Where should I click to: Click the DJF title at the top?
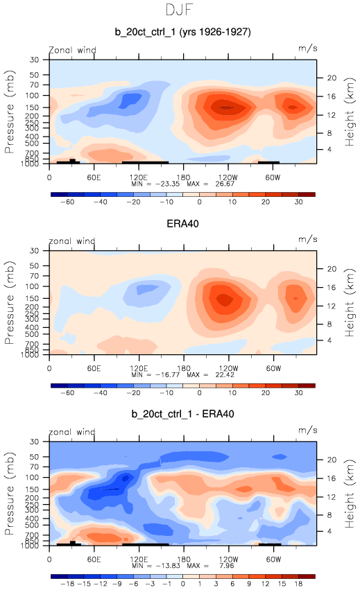pos(179,10)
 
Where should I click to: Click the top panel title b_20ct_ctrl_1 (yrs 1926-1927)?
pos(182,32)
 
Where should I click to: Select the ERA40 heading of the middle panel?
pos(182,224)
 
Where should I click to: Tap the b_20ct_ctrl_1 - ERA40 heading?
pos(182,414)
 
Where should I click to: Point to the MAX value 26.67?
pos(225,184)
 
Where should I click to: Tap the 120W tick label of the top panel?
pos(228,177)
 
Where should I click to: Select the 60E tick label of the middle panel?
pos(94,368)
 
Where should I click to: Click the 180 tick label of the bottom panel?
pos(183,559)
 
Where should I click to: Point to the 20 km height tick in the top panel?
pos(332,78)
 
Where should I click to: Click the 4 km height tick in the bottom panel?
pos(329,531)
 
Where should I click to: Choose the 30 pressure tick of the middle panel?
pos(34,250)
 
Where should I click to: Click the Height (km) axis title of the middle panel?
pos(350,303)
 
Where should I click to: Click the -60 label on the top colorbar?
pos(67,202)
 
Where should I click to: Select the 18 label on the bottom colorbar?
pos(299,584)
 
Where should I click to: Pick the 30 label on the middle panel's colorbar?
pos(299,393)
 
